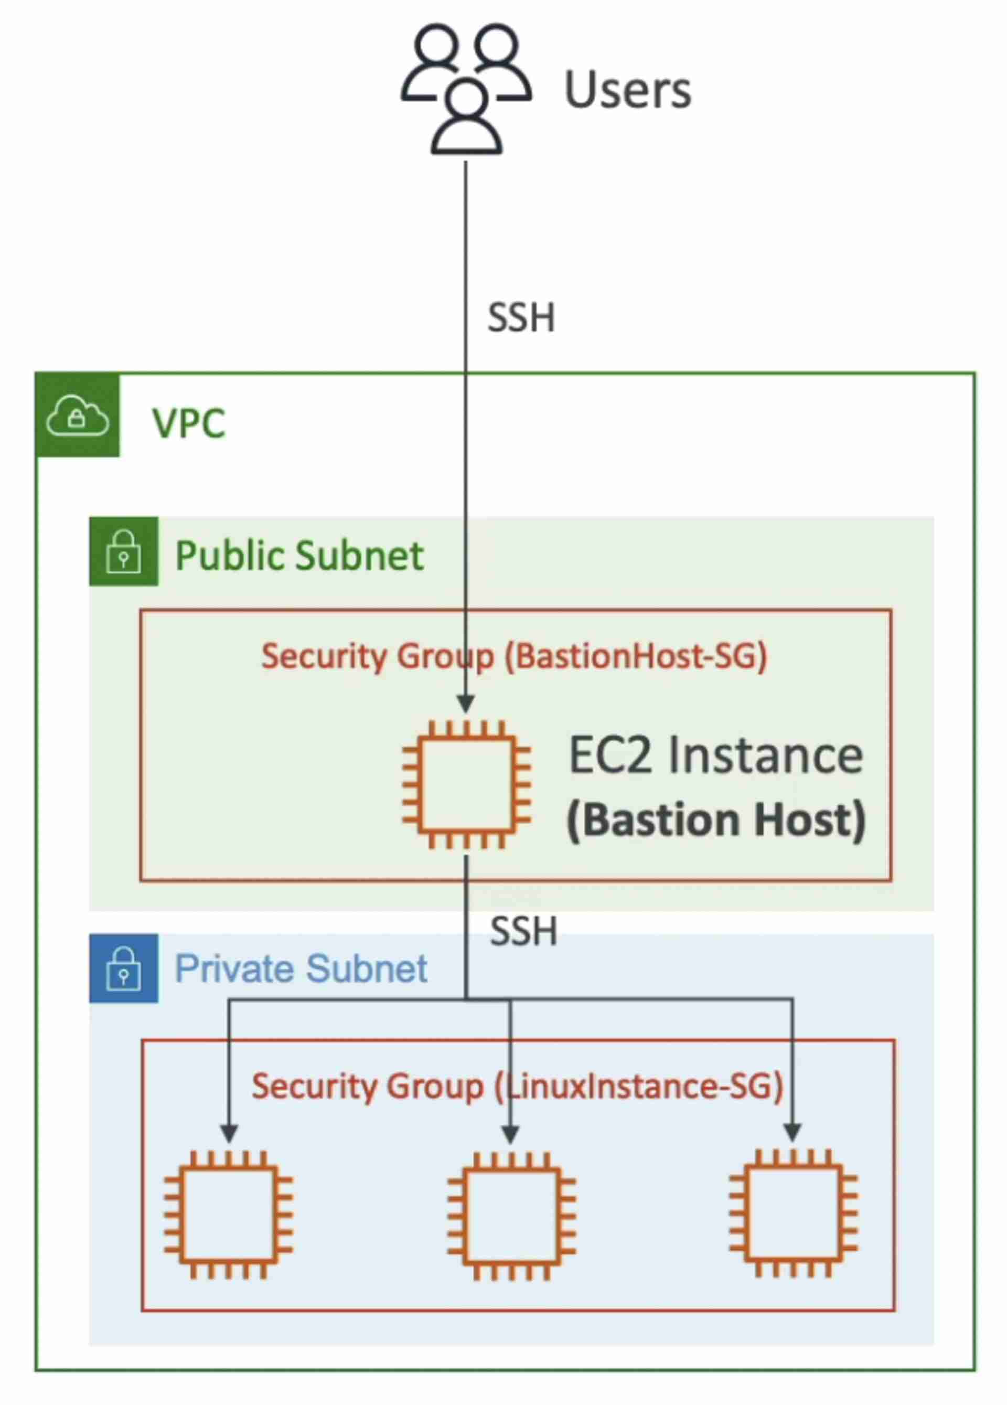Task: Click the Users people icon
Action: tap(466, 88)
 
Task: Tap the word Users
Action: tap(627, 90)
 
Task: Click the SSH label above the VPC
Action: tap(521, 318)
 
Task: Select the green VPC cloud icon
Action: tap(78, 416)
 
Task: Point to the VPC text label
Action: tap(188, 424)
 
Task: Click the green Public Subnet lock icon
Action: tap(124, 551)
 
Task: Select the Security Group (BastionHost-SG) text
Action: tap(514, 656)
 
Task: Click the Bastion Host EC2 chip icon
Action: tap(466, 785)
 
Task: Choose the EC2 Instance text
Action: tap(715, 756)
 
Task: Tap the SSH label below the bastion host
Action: tap(524, 932)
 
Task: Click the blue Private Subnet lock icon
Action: tap(124, 969)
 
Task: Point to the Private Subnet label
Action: tap(301, 969)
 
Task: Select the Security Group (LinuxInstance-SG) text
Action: tap(518, 1086)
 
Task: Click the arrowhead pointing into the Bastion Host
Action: tap(466, 704)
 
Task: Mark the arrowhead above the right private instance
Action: tap(792, 1132)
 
